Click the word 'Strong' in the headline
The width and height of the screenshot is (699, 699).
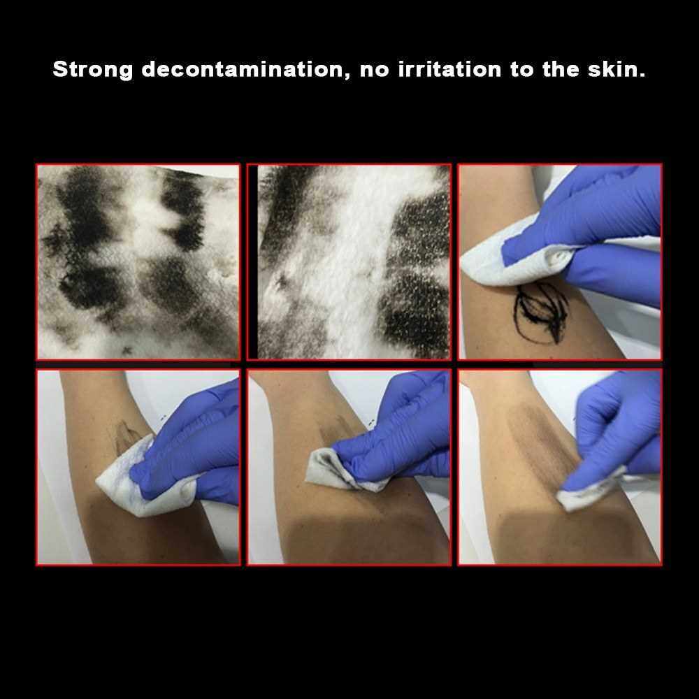(93, 70)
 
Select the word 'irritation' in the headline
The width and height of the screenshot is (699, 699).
(449, 69)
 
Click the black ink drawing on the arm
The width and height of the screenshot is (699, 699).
(540, 312)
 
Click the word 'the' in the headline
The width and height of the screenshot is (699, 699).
(561, 69)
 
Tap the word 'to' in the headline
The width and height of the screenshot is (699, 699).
(521, 70)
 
